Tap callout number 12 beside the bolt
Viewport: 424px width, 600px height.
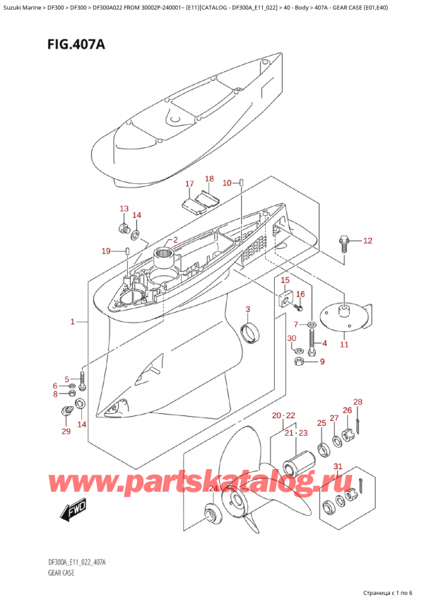tap(367, 241)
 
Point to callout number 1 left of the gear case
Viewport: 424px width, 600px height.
tap(73, 323)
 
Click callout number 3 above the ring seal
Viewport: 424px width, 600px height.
tap(248, 309)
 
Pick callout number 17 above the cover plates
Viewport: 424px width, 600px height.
tap(189, 185)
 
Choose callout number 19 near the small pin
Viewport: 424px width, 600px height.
tap(106, 251)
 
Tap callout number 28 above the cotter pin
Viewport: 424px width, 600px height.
tap(358, 403)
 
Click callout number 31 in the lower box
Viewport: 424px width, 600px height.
tap(338, 466)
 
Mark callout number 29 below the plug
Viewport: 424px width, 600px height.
tap(66, 432)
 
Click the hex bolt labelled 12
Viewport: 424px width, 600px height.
tap(345, 243)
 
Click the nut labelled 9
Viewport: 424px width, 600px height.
tap(300, 363)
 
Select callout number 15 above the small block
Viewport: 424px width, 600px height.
tap(285, 281)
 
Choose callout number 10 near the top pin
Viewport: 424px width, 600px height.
tap(227, 184)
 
